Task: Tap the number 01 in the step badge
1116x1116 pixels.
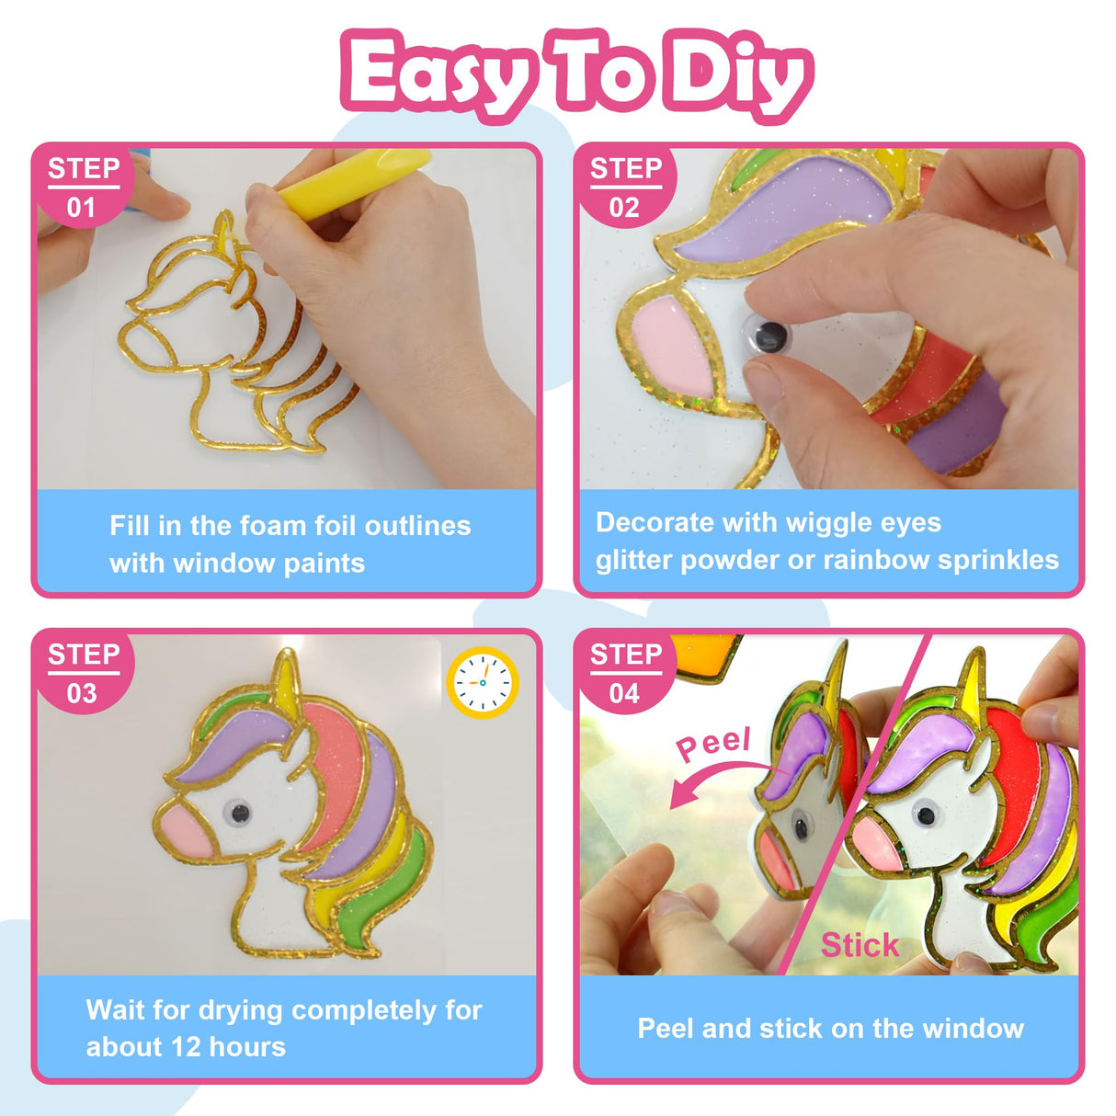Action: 81,208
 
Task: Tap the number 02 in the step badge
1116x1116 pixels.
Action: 624,208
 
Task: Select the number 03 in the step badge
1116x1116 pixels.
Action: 81,693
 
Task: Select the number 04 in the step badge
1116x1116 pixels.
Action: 624,693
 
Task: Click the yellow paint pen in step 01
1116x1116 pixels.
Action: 354,180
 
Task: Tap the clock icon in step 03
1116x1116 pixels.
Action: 483,683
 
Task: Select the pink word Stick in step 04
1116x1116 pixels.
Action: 860,945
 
